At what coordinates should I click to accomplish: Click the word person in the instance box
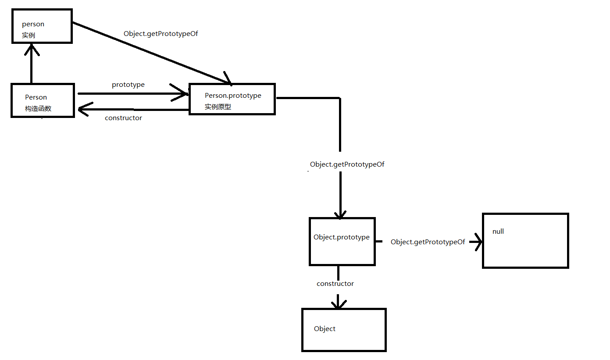(33, 24)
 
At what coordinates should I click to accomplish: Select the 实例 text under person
(29, 35)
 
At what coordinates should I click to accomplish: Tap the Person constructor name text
(36, 97)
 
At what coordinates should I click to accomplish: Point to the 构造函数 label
(38, 108)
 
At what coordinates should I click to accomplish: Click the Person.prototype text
(233, 96)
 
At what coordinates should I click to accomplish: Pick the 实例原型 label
(218, 107)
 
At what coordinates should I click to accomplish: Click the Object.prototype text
(342, 237)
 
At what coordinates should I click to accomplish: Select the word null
(498, 232)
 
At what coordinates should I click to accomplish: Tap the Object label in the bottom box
(325, 329)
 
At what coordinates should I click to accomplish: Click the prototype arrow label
(128, 85)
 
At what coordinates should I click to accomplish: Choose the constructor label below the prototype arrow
(124, 118)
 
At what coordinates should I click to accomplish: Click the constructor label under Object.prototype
(335, 284)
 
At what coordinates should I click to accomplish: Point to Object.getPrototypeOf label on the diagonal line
(161, 33)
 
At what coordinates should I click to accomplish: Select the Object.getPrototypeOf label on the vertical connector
(347, 164)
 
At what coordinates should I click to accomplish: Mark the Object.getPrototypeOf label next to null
(428, 242)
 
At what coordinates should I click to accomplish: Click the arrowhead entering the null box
(478, 242)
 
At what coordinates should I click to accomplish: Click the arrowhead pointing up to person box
(32, 49)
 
